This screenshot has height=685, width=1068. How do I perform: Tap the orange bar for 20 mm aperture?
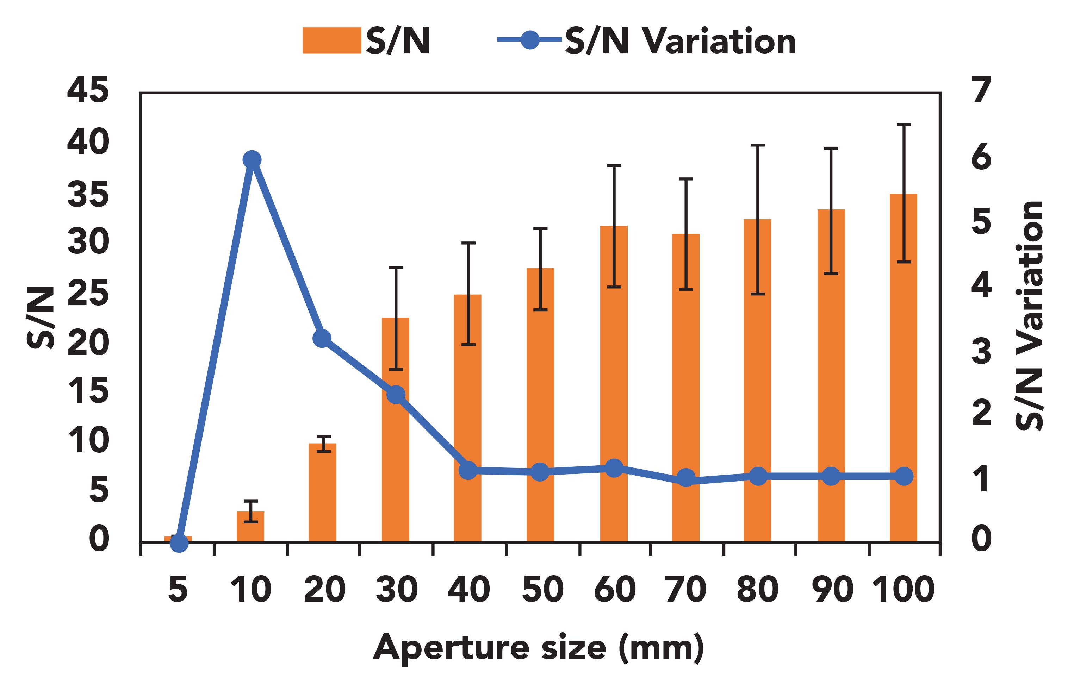point(322,498)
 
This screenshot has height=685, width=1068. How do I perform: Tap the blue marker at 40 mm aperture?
point(468,470)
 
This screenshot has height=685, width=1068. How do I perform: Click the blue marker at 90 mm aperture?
point(831,476)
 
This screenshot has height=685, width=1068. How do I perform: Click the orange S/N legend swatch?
point(331,40)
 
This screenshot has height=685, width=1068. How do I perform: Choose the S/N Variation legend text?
point(681,42)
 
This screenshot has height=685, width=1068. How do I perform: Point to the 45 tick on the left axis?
point(88,90)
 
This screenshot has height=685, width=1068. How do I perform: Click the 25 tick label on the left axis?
point(88,293)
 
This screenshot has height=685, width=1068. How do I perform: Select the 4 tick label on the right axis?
point(981,285)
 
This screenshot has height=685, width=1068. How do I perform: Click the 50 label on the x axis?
point(542,589)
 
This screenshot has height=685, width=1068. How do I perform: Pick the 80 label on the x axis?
point(757,589)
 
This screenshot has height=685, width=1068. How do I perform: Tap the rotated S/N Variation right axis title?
point(1029,316)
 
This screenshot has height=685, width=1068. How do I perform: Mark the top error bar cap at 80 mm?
point(757,145)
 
